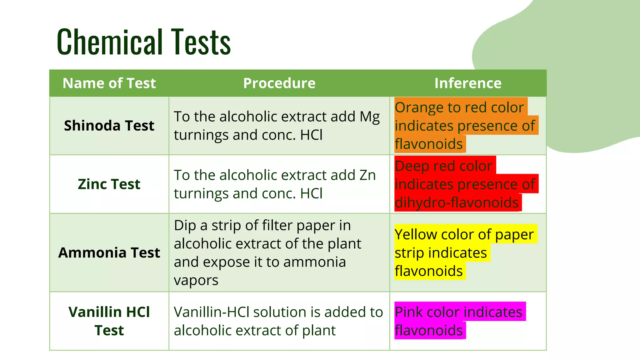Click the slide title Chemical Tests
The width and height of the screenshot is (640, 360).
[x=144, y=42]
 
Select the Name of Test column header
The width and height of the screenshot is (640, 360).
[x=109, y=83]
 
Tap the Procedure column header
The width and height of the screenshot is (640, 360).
[x=279, y=83]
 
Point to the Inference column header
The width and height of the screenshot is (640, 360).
[x=468, y=83]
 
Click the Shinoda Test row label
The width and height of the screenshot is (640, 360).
[x=109, y=126]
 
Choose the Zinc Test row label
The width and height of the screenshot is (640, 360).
[x=109, y=184]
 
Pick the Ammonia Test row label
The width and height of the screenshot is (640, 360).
[x=109, y=252]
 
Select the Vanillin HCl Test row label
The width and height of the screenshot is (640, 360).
[x=109, y=321]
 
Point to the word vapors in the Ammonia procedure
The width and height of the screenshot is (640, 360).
[x=196, y=281]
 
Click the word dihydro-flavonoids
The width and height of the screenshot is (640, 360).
[x=457, y=202]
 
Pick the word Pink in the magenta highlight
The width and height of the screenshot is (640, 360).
[x=408, y=312]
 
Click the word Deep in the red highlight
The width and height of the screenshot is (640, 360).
[x=412, y=166]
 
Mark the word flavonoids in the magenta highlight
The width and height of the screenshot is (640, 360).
[x=428, y=330]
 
